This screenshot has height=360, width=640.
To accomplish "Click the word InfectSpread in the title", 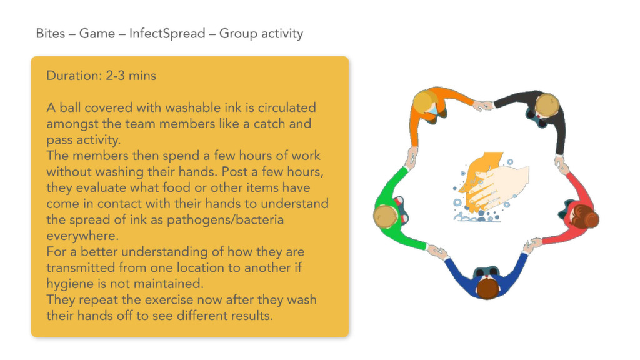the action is pos(167,34).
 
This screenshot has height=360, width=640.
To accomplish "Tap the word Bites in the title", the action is pos(50,34).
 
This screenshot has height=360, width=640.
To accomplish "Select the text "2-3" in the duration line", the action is pos(115,76).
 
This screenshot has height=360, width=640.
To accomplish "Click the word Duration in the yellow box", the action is pos(74,76).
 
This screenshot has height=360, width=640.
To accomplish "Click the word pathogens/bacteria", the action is pos(225,220).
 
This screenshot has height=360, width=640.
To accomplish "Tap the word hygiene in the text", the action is pos(70,284).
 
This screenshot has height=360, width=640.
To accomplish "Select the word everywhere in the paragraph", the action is pos(82,236).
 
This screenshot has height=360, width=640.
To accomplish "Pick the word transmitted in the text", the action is pos(81,267).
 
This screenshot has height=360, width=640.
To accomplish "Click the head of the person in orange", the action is pos(425,102).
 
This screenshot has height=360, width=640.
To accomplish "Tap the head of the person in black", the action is pos(547,105).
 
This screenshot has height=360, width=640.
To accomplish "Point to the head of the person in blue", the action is pos(487,287).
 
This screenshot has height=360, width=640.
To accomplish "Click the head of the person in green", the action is pos(386,216).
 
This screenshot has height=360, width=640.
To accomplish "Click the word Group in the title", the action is pos(238,34).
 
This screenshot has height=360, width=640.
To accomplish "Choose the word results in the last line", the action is pos(252,316).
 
